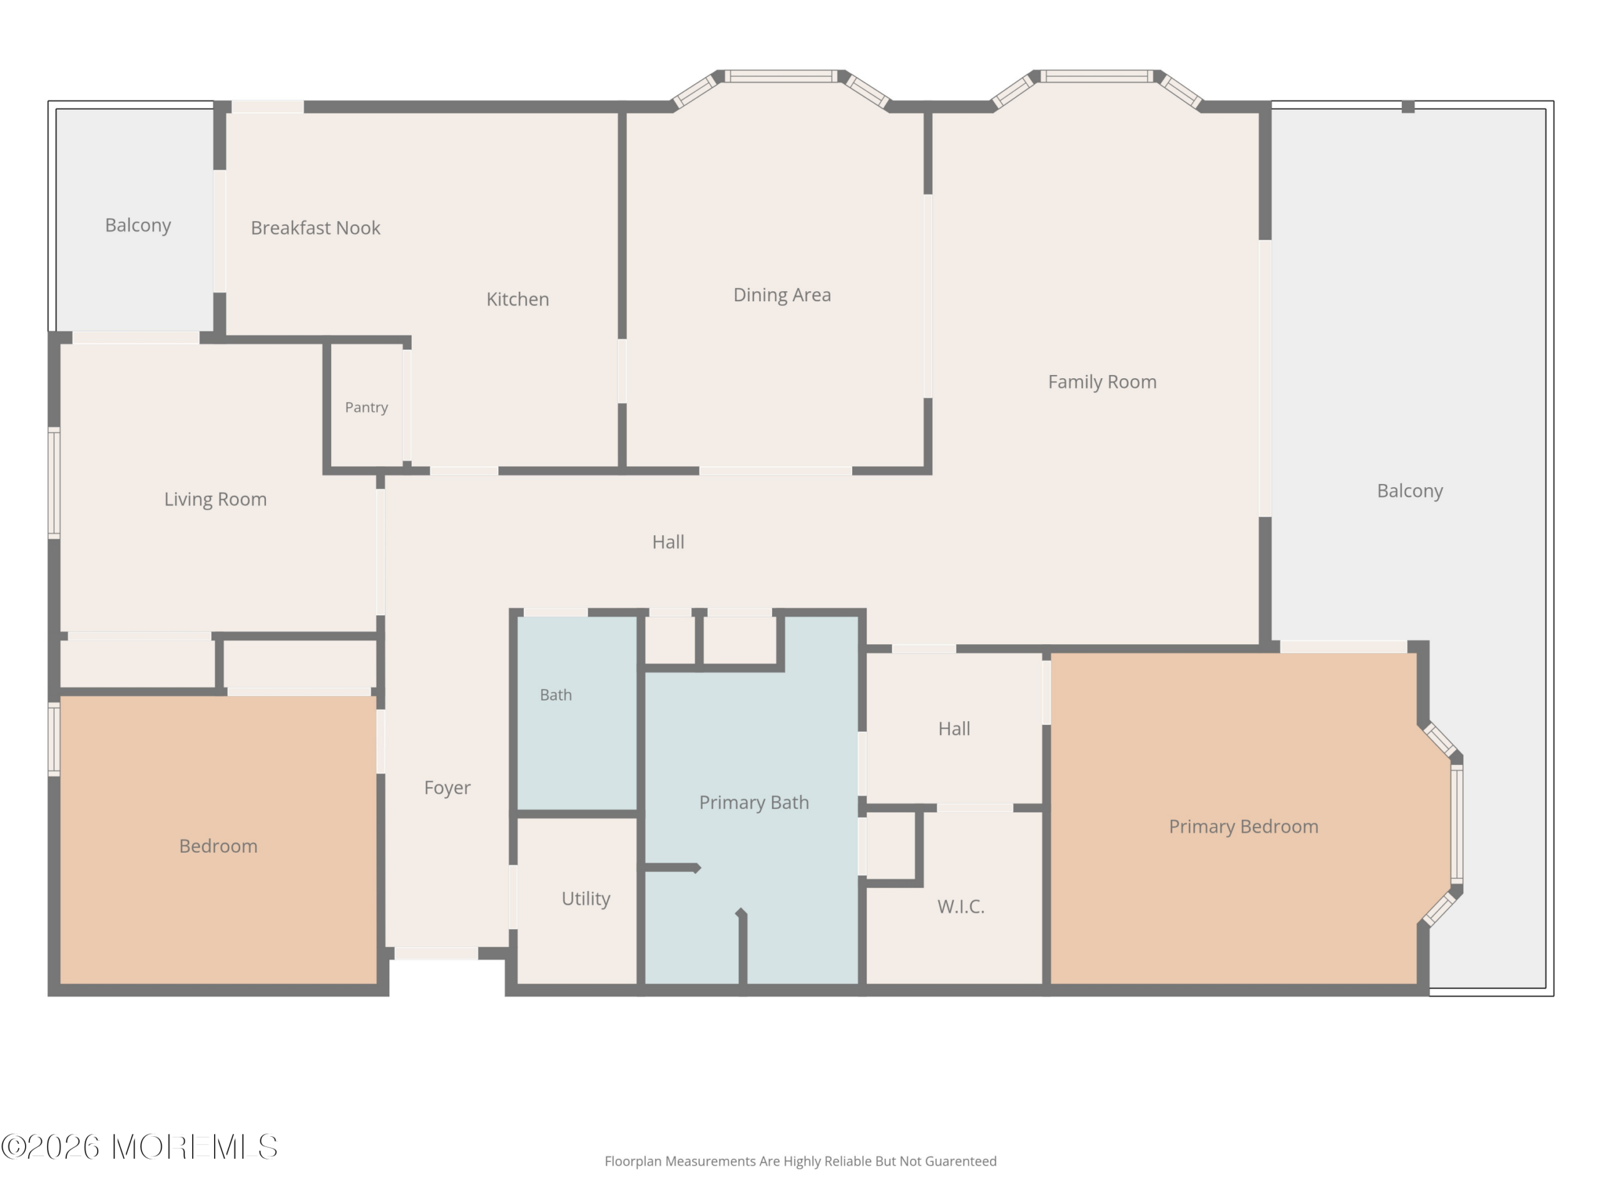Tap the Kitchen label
[x=517, y=299]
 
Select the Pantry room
[x=367, y=407]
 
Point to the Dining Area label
[x=782, y=295]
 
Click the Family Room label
[x=1101, y=382]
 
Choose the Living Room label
[x=215, y=499]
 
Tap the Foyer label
[x=447, y=788]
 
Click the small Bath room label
[x=556, y=695]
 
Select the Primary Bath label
[x=753, y=803]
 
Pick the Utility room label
[x=586, y=899]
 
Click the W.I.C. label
[x=961, y=907]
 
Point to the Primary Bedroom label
[x=1243, y=827]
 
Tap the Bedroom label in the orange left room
[x=218, y=846]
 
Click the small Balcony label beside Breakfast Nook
[x=138, y=225]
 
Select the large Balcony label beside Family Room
[x=1409, y=491]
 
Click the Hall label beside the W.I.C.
[x=954, y=729]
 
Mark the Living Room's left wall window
[x=54, y=483]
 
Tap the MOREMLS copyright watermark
[x=139, y=1147]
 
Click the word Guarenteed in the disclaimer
[x=961, y=1161]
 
